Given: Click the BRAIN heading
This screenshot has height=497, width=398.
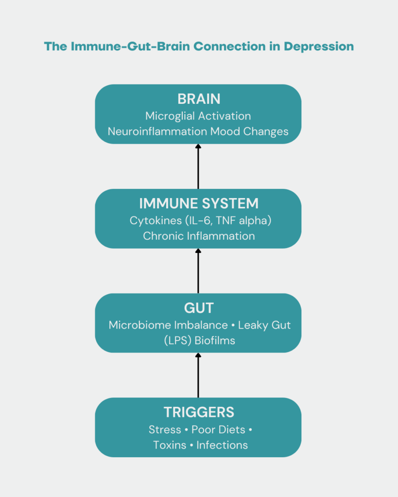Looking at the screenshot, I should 199,99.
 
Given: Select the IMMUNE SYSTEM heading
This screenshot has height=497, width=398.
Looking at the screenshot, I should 199,203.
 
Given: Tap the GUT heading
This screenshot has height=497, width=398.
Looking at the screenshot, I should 199,308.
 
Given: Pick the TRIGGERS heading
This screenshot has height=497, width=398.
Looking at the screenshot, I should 199,413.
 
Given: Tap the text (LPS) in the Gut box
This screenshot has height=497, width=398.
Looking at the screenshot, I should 177,340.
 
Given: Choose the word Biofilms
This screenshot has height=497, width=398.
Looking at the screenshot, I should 215,340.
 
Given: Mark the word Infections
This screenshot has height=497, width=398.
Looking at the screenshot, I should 222,445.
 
